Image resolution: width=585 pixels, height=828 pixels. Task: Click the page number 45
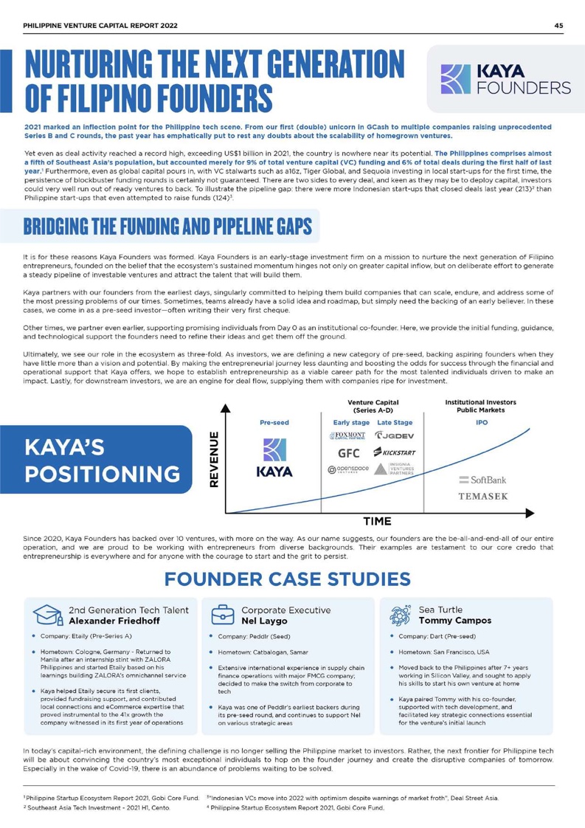click(558, 25)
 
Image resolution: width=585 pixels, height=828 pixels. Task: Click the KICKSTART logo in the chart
click(398, 452)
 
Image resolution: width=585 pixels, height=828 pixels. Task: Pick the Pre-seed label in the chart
click(274, 424)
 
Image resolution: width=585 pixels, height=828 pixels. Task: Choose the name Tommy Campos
click(453, 621)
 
